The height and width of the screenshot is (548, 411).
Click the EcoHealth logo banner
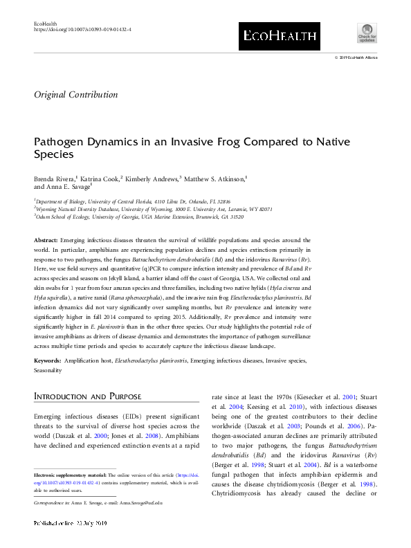point(279,35)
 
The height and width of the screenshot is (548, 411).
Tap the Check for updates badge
point(366,33)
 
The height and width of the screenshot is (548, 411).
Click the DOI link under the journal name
point(82,30)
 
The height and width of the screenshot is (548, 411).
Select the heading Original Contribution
point(76,95)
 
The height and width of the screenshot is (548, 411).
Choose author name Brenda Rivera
point(56,178)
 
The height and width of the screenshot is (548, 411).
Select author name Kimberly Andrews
point(152,178)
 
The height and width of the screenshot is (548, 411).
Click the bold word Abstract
point(46,239)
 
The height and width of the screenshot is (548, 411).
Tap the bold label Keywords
point(48,361)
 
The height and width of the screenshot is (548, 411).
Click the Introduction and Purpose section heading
point(88,396)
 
